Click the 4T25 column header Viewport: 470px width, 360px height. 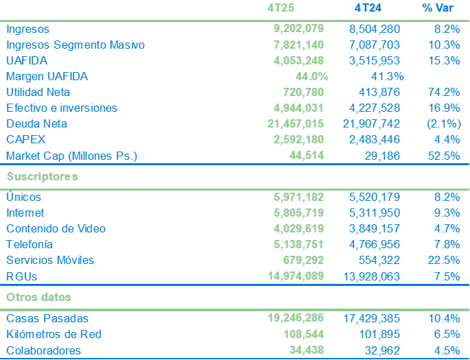point(282,8)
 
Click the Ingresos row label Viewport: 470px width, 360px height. point(27,29)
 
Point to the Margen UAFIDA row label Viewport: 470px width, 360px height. point(47,76)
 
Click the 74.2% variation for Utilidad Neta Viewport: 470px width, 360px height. point(443,92)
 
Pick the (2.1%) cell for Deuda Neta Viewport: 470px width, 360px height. point(443,123)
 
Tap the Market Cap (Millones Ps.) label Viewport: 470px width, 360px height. point(71,156)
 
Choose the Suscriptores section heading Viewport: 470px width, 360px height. point(42,176)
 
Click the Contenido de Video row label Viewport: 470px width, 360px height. point(56,228)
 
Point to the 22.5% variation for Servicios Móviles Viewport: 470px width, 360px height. point(443,260)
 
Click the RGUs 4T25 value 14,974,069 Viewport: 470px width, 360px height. point(296,276)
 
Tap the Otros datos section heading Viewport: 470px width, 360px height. point(39,297)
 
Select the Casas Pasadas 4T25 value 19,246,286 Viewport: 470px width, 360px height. point(296,318)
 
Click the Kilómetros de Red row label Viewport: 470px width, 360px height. point(54,334)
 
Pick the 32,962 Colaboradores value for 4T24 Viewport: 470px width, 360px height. point(379,350)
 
